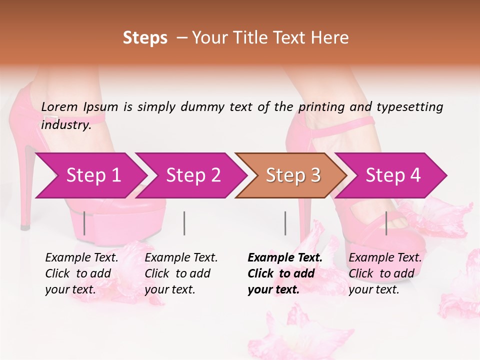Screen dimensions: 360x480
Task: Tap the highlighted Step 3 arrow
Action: click(x=292, y=175)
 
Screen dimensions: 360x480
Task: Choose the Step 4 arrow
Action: click(x=392, y=175)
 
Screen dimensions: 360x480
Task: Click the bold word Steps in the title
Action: click(x=145, y=38)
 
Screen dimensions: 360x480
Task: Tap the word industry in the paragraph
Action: click(x=65, y=125)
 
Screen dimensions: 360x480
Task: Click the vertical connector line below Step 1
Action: click(x=84, y=223)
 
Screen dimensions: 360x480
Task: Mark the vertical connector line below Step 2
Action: click(x=184, y=223)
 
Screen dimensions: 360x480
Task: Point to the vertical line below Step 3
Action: click(x=285, y=223)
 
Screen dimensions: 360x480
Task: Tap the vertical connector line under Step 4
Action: click(x=386, y=223)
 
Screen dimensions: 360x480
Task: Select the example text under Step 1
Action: click(x=81, y=273)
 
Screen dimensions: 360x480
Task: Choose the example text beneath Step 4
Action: click(x=384, y=273)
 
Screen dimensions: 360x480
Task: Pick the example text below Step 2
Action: click(x=180, y=273)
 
